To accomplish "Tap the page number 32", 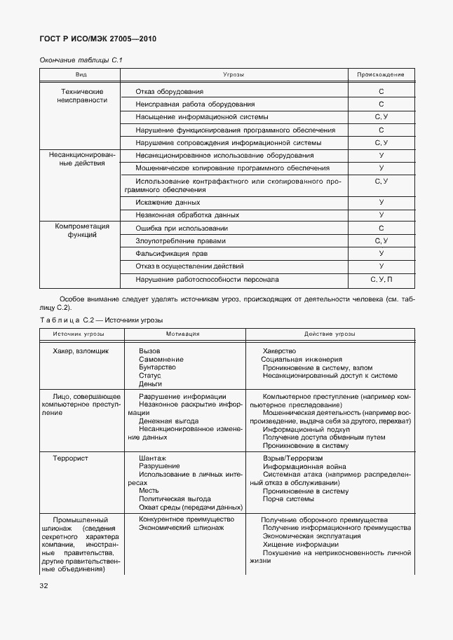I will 43,585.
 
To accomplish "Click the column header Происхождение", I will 381,74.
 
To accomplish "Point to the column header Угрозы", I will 234,74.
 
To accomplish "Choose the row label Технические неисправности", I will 82,96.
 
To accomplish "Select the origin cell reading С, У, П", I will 381,279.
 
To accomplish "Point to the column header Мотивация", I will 183,334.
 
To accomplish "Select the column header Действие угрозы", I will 330,334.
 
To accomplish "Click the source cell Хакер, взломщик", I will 81,350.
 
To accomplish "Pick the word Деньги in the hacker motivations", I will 150,383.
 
